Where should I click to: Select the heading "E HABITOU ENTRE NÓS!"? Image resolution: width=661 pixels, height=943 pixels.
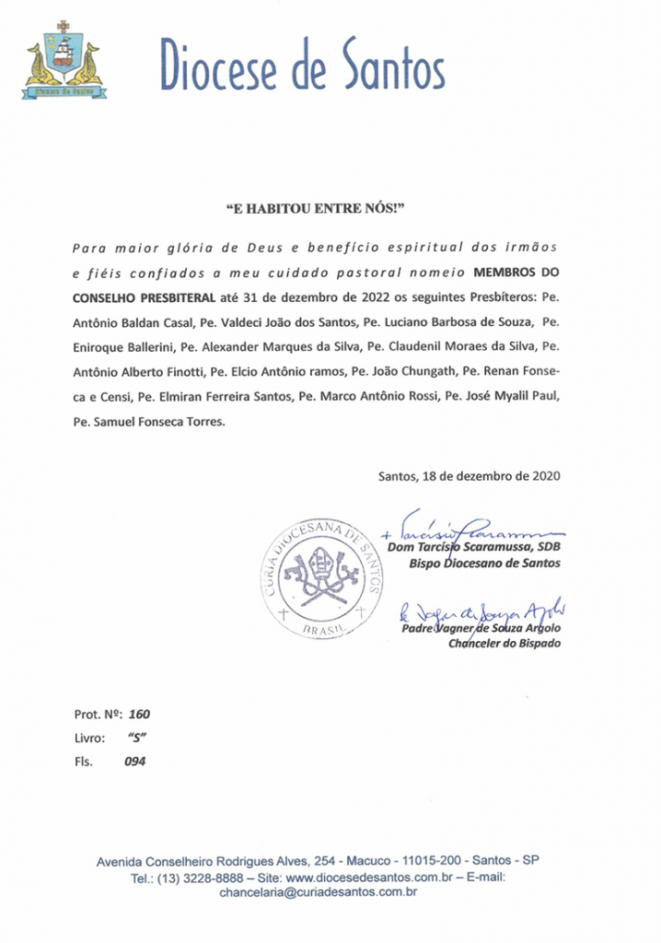(315, 209)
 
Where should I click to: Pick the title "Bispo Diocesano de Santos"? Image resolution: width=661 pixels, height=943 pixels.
(484, 564)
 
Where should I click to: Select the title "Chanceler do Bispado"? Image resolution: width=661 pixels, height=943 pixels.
(504, 643)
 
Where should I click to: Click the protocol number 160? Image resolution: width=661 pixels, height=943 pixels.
(139, 714)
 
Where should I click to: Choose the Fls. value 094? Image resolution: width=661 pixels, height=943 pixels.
(134, 762)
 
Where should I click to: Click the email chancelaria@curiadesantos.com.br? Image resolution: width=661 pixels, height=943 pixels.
(319, 892)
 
